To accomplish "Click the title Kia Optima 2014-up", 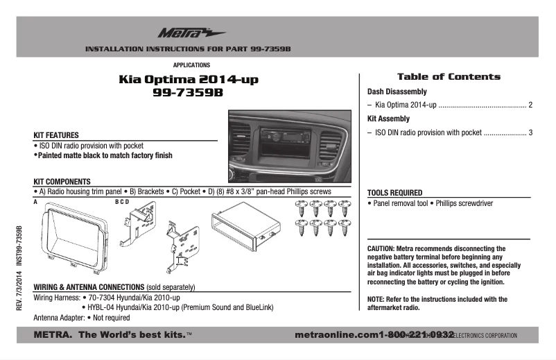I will click(x=188, y=80).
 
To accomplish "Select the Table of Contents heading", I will click(x=448, y=77).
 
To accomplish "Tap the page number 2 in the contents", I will click(x=530, y=105).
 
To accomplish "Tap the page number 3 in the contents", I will click(x=530, y=132).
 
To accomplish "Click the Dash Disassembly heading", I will click(x=397, y=92).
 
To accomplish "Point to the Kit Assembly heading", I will click(x=388, y=119).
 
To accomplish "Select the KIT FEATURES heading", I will click(x=56, y=135).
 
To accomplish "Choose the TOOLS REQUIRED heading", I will click(x=395, y=193).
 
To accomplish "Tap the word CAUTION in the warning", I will click(x=381, y=248).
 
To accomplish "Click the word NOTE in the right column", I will click(x=376, y=299).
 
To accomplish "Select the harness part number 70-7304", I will click(x=101, y=297).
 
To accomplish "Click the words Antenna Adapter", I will click(x=59, y=318).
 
